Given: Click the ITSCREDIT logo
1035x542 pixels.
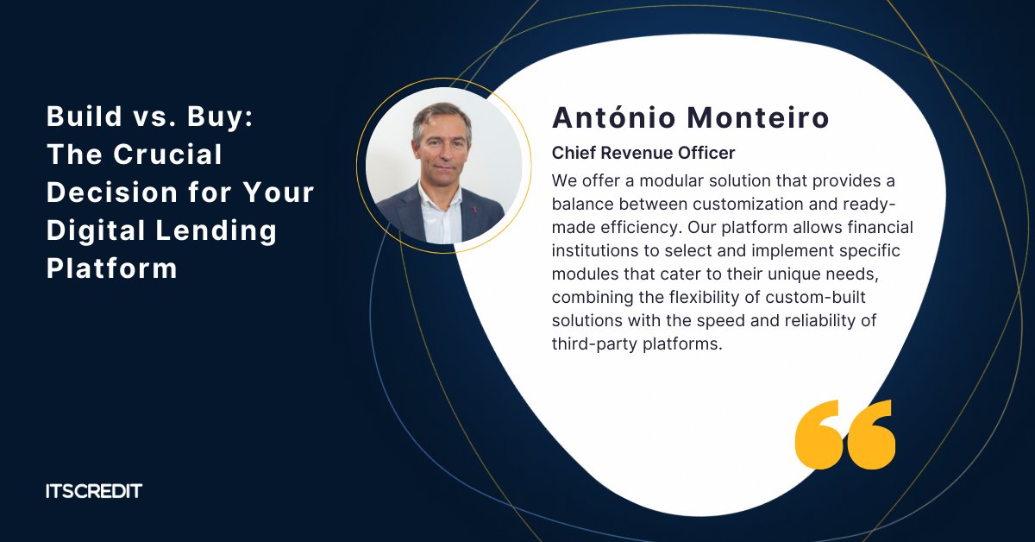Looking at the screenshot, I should (93, 491).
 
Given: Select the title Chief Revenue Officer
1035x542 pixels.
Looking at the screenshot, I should (643, 153).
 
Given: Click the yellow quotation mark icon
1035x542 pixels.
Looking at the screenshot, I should (844, 434).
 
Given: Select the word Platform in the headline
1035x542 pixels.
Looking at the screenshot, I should (111, 268).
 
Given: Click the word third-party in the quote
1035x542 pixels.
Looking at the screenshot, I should (591, 343).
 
